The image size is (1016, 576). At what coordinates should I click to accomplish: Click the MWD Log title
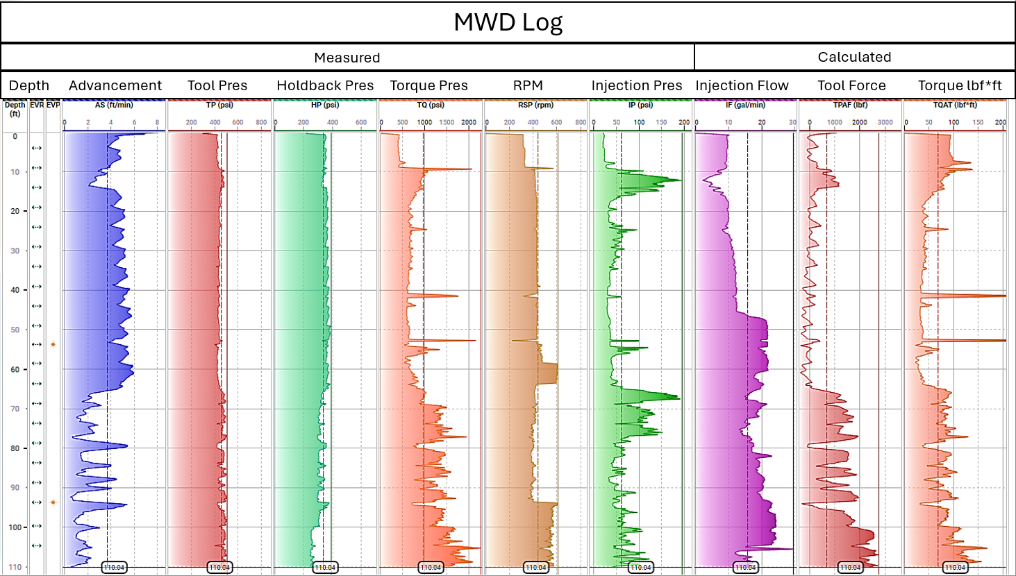coord(508,22)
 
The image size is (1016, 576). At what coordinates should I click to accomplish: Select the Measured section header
coord(347,58)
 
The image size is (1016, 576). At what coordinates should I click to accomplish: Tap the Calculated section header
coord(853,58)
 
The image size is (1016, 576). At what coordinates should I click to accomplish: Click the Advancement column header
coord(115,85)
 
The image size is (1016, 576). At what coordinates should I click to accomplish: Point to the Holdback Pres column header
coord(325,85)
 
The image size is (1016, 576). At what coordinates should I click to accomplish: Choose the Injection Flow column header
coord(742,85)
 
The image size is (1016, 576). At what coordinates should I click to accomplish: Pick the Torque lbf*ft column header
coord(959,85)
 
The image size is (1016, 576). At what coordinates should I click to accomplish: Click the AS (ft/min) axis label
coord(114,105)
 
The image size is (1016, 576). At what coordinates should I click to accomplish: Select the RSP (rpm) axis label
coord(535,105)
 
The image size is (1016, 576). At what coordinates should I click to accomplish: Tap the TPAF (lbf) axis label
coord(850,105)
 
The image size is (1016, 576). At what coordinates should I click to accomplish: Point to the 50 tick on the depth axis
coord(15,330)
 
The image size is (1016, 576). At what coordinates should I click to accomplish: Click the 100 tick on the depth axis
coord(15,527)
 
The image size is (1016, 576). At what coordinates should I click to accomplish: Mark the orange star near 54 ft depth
coord(53,344)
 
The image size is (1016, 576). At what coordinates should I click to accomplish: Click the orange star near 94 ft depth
coord(53,502)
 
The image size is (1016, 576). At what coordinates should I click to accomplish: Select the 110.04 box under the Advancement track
coord(114,568)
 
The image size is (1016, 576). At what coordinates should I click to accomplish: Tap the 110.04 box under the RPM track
coord(535,568)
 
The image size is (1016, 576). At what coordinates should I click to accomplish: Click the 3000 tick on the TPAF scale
coord(885,123)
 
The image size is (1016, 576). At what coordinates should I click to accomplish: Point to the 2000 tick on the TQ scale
coord(469,123)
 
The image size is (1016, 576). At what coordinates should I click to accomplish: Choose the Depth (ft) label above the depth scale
coord(15,109)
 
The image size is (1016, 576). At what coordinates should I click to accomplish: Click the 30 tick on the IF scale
coord(792,123)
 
